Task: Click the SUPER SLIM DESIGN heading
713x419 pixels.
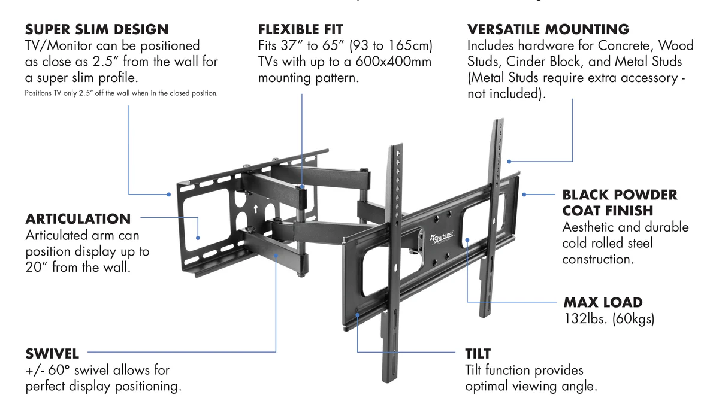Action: tap(96, 29)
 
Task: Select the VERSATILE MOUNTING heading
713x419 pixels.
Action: tap(548, 29)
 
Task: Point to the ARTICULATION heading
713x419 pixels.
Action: tap(78, 218)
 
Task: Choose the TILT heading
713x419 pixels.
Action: tap(478, 353)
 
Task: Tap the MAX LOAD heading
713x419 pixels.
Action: tap(603, 302)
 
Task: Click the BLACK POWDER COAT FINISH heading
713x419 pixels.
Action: tap(620, 202)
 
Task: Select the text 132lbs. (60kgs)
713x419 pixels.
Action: tap(609, 318)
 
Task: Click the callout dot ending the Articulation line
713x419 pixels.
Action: tap(198, 237)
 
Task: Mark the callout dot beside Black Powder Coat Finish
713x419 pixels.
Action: tap(524, 194)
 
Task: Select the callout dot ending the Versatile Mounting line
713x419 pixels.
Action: tap(509, 161)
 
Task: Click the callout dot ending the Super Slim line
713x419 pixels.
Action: tap(169, 194)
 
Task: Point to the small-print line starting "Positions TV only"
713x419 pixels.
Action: tap(121, 93)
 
